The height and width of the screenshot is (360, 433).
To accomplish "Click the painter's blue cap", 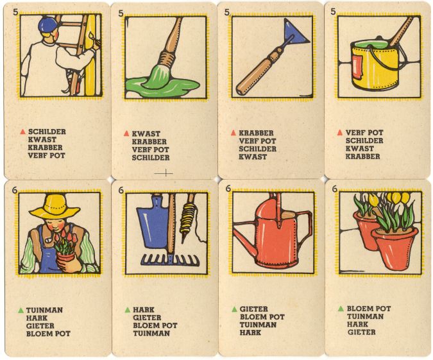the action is [x=47, y=26].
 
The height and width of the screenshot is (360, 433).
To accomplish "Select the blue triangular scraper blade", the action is [x=294, y=31].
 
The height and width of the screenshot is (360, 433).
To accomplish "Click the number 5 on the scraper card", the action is [x=227, y=12].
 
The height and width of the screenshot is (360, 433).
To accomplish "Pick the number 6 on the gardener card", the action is [x=15, y=189].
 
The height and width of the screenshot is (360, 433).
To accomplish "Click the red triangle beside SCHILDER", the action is [x=22, y=132].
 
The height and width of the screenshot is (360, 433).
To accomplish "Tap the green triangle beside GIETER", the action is [x=234, y=309].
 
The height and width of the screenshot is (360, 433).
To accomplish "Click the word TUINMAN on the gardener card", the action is [x=44, y=310].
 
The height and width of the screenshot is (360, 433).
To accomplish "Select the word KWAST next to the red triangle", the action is [x=146, y=133].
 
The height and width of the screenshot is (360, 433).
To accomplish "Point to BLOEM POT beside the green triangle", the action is [x=369, y=308].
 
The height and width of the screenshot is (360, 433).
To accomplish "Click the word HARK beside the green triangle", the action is [x=144, y=310].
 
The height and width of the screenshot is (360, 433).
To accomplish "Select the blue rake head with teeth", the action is [x=170, y=260].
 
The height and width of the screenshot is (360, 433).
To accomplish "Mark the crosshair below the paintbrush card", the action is [x=165, y=173].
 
